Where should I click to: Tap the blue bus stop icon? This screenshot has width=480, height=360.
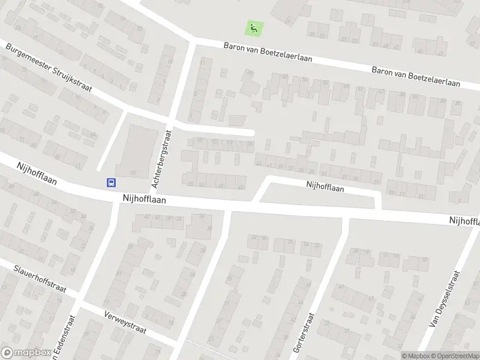112,182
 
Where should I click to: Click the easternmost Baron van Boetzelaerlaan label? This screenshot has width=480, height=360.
415,76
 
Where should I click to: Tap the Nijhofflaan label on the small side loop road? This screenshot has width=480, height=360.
325,187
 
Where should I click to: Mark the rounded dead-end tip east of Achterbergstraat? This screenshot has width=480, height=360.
253,133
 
